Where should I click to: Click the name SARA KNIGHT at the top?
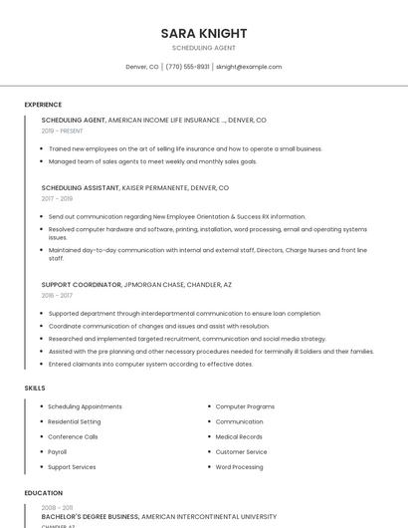[204, 33]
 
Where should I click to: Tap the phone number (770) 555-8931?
[187, 67]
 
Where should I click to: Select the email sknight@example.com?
[249, 67]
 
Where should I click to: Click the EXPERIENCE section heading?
[43, 105]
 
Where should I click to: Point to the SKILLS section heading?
[35, 387]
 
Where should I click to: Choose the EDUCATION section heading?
[42, 493]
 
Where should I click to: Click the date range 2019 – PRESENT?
[62, 131]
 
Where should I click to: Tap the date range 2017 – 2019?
[57, 198]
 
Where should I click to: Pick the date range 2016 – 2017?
[57, 295]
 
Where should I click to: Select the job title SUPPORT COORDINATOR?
[80, 284]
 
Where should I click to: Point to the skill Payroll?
[58, 451]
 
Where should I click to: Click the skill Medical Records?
[239, 436]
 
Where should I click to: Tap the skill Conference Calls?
[73, 436]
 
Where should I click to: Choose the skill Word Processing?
[239, 466]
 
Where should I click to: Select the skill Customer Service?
[242, 451]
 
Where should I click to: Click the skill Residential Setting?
[75, 421]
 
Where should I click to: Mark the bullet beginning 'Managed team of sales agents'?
[152, 161]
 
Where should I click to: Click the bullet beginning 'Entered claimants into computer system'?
[150, 364]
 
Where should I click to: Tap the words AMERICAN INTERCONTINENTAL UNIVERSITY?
[209, 517]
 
